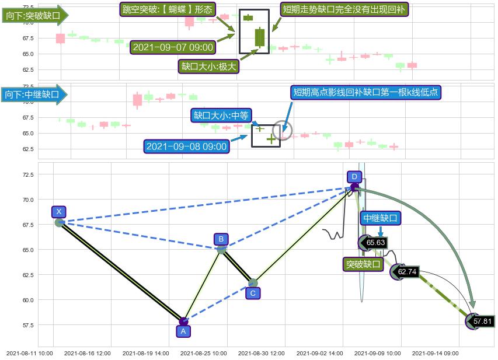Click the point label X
click(58, 212)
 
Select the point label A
click(183, 331)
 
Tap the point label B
click(221, 239)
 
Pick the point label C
click(252, 293)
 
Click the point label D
click(354, 176)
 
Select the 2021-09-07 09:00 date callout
click(173, 47)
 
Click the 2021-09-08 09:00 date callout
click(187, 146)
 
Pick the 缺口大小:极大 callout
click(209, 67)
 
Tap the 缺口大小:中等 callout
click(221, 116)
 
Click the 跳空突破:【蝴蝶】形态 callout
click(168, 9)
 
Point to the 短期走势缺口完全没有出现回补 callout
click(344, 9)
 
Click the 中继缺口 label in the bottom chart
click(380, 218)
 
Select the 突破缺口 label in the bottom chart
click(363, 264)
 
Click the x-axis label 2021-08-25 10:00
click(203, 353)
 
